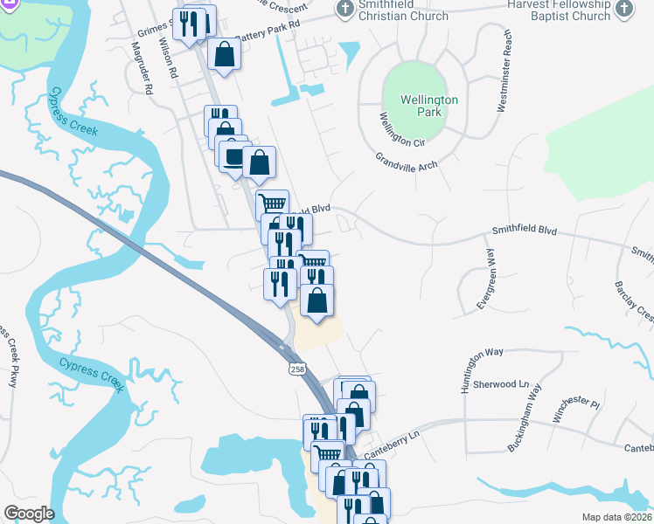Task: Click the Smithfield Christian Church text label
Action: click(x=403, y=10)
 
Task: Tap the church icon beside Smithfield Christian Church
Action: click(x=344, y=9)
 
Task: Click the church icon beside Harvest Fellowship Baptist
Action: click(x=623, y=9)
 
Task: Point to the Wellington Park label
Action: click(x=428, y=106)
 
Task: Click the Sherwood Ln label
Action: click(x=500, y=383)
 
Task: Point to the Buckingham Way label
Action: click(x=525, y=417)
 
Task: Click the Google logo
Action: click(x=29, y=514)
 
